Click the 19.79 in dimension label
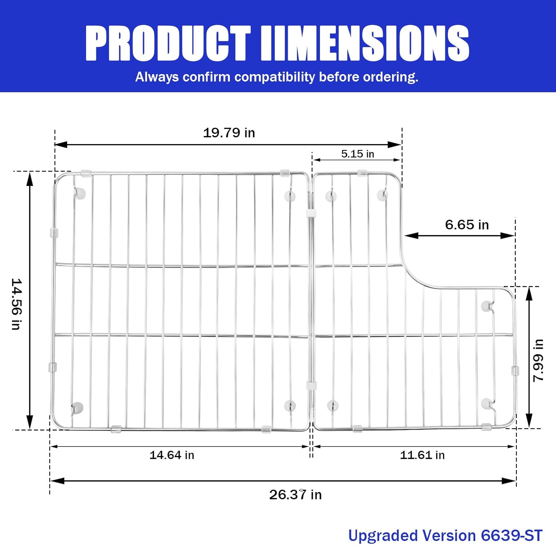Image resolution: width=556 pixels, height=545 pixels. point(229,133)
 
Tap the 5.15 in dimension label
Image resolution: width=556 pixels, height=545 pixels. point(357,154)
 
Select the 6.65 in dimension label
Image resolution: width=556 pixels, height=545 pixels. point(467,225)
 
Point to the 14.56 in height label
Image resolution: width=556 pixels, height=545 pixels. point(17,304)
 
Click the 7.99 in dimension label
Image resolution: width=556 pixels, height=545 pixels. point(538,360)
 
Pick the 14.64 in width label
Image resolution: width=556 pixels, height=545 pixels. point(172,455)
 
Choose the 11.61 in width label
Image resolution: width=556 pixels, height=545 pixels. point(422,455)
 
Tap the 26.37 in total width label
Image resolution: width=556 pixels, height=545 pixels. point(295,495)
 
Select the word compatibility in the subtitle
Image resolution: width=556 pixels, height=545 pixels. point(275,77)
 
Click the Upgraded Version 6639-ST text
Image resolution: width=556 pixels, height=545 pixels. point(445,535)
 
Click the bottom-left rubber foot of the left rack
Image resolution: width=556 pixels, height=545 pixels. point(77,408)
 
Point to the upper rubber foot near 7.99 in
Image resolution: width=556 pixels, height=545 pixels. point(487,306)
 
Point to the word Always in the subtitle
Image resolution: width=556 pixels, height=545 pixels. point(157,77)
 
